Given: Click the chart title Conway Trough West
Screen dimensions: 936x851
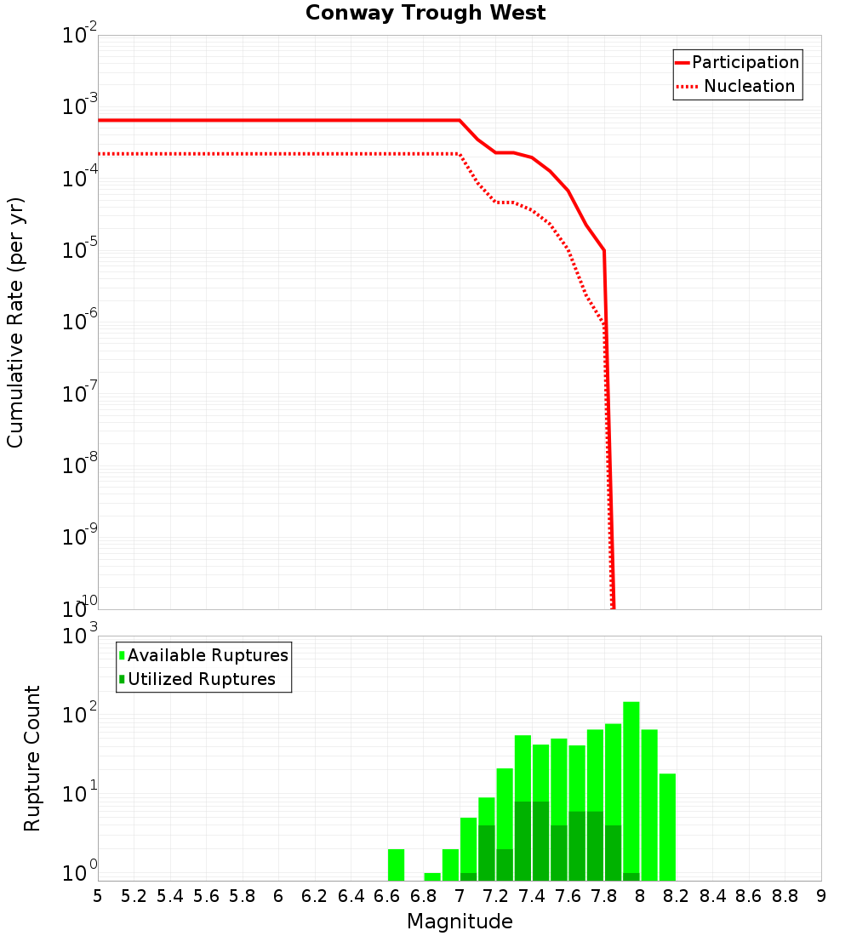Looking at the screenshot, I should pos(425,13).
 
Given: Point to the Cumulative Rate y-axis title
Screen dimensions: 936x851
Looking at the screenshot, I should pos(15,322).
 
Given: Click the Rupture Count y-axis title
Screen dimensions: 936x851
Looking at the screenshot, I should pos(32,757).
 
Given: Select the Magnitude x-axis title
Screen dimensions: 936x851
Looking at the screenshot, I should pos(460,922).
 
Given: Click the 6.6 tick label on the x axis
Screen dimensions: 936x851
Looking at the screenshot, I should pos(387,895).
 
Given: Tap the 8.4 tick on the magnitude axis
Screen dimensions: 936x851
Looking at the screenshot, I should pos(712,895).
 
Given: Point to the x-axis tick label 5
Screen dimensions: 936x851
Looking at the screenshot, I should pos(98,895).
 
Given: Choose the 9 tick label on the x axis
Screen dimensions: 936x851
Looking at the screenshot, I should pos(820,895).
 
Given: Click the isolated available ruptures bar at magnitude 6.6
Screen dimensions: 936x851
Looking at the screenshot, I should pos(396,865).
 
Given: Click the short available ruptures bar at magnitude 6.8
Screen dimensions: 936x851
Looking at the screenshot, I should pos(432,876).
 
